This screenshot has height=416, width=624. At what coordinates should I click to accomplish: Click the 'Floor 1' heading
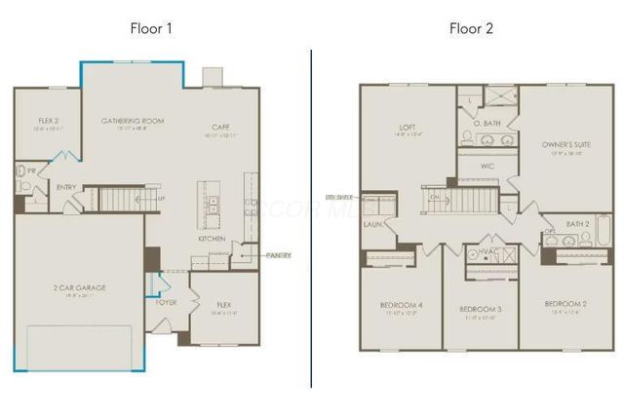pos(152,27)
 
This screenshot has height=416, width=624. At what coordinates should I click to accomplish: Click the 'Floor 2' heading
pos(471,27)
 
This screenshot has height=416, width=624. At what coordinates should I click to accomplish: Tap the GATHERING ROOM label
pos(133,121)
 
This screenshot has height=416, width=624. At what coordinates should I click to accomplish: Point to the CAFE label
pos(220,127)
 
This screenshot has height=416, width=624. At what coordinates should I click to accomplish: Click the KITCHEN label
pos(214,238)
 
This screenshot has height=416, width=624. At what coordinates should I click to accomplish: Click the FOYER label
pos(166,302)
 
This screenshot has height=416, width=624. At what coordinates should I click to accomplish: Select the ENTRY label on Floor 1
pos(66,187)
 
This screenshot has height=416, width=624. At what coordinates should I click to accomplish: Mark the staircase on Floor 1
pos(122,200)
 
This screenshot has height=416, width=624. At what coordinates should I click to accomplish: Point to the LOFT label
pos(407,126)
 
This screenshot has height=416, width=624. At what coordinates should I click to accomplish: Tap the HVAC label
pos(489,251)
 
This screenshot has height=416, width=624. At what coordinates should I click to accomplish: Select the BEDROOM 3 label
pos(480,309)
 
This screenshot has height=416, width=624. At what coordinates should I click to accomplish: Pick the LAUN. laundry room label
pos(371,224)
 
